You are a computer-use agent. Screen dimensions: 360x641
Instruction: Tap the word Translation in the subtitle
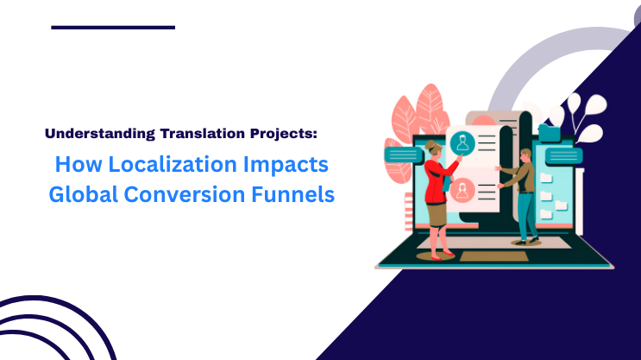pyautogui.click(x=203, y=134)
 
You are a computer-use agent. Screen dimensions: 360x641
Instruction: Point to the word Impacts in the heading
pyautogui.click(x=286, y=164)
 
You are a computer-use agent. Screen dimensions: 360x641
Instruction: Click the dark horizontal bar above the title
pyautogui.click(x=113, y=28)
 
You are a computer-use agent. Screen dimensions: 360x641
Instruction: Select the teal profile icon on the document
pyautogui.click(x=462, y=143)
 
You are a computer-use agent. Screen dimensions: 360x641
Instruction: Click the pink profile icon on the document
pyautogui.click(x=462, y=190)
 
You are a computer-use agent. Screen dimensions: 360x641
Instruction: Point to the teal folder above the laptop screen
pyautogui.click(x=550, y=130)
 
